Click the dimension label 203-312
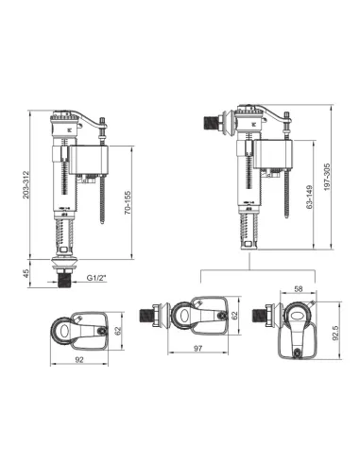(x=26, y=185)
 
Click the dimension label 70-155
(x=128, y=202)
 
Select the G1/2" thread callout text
(x=97, y=278)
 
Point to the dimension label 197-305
(x=327, y=177)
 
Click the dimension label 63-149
(x=310, y=197)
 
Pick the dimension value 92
(x=79, y=359)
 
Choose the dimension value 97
(x=197, y=348)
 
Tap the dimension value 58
(x=298, y=288)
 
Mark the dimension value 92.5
(x=335, y=333)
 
